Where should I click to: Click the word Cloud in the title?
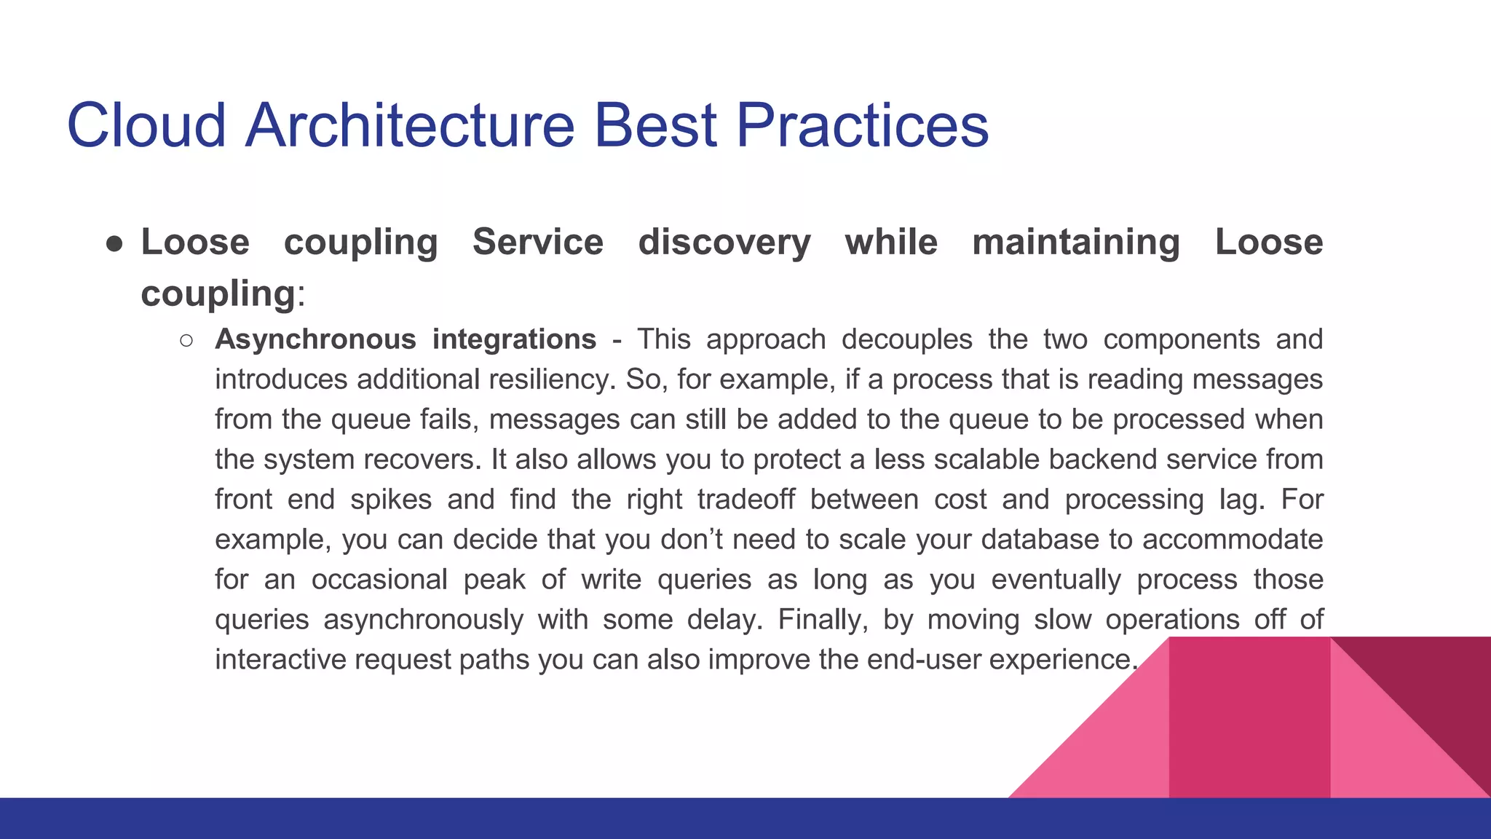(x=146, y=125)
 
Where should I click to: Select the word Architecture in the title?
(x=410, y=125)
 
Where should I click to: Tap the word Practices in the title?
(x=862, y=125)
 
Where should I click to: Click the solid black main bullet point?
(x=114, y=243)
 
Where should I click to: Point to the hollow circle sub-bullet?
(x=186, y=340)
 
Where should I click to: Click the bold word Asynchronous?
(x=315, y=339)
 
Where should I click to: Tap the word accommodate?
(x=1232, y=540)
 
